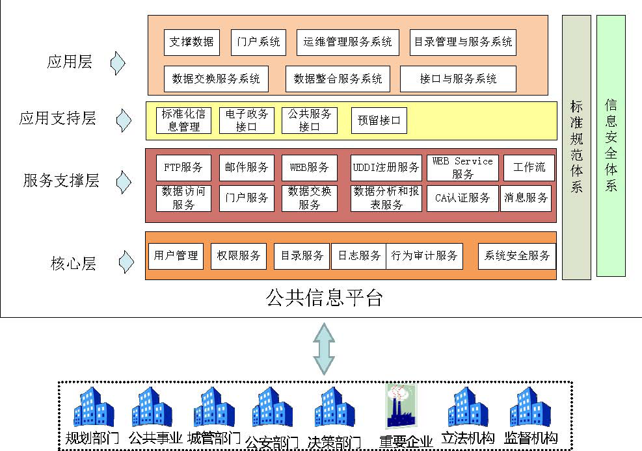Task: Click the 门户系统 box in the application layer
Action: (x=258, y=42)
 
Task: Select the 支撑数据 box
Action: (x=191, y=42)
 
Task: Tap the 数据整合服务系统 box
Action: (x=338, y=79)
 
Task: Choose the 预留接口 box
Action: (x=379, y=120)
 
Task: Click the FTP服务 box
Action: (x=183, y=168)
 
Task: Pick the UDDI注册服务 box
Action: (x=386, y=168)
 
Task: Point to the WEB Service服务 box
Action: (x=462, y=168)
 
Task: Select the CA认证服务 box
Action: (x=462, y=198)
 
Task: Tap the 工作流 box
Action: (x=529, y=168)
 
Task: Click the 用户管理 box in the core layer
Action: (x=176, y=256)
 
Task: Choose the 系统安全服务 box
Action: (x=516, y=256)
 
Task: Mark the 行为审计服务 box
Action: (x=424, y=256)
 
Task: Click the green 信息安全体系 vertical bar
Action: (x=611, y=146)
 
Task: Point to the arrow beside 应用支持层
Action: (x=124, y=120)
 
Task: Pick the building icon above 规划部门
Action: (x=93, y=407)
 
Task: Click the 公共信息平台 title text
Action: (x=324, y=298)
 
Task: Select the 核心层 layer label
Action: (x=74, y=264)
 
